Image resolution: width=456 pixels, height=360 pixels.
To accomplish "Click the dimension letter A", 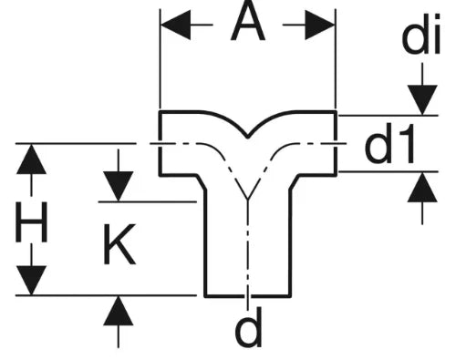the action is (x=248, y=21).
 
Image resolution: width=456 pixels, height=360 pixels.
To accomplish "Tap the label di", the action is (x=421, y=35).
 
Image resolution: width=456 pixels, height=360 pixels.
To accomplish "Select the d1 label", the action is (x=389, y=143).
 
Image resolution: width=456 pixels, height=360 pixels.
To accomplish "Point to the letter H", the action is (x=31, y=221).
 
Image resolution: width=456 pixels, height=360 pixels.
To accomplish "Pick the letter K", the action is (x=119, y=244).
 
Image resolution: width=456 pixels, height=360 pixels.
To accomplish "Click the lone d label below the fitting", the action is (x=248, y=328).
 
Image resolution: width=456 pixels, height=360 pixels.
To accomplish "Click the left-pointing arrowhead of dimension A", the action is (x=176, y=25).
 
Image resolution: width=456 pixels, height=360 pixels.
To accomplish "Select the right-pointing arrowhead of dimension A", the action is (x=320, y=25).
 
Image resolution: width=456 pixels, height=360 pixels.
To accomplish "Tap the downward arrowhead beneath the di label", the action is (x=422, y=100).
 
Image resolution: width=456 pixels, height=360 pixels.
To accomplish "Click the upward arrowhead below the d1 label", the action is (x=422, y=187).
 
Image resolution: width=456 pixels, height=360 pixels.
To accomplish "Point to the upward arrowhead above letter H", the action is (x=31, y=159).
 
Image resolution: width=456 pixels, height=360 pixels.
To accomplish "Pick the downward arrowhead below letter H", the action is (x=31, y=280).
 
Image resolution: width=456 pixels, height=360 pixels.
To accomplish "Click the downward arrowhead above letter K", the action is (x=119, y=186).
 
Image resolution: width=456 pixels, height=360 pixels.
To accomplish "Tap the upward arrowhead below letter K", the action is (x=119, y=311).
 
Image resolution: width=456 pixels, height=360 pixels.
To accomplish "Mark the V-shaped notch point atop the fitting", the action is (x=248, y=137).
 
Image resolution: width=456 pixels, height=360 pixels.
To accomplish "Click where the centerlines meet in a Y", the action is (x=248, y=200).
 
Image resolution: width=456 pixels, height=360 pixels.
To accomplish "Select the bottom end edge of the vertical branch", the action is (x=248, y=295).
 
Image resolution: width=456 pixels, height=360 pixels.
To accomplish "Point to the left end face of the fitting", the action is (x=160, y=143).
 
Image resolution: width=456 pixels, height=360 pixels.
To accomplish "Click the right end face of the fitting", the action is (x=336, y=143).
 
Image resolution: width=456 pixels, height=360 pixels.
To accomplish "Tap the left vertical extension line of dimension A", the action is (x=160, y=59).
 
